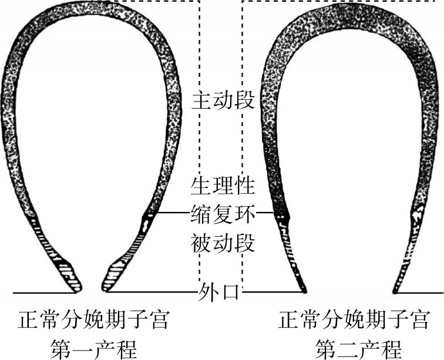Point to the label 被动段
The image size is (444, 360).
(x=223, y=242)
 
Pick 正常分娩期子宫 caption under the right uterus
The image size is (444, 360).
(x=355, y=321)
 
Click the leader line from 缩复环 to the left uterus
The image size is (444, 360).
(x=174, y=213)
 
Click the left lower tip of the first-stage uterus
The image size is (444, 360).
(x=76, y=288)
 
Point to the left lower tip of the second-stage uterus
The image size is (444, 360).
(x=304, y=289)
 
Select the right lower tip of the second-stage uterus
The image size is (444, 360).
(x=396, y=290)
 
